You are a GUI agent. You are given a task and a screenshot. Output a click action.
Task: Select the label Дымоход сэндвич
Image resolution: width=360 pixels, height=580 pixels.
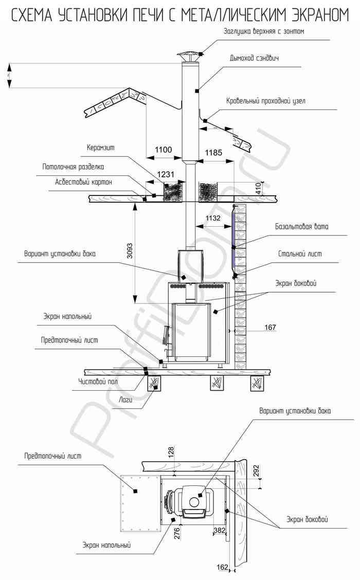pos(254,58)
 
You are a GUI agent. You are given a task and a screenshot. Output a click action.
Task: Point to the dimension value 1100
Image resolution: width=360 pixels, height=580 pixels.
pos(163,150)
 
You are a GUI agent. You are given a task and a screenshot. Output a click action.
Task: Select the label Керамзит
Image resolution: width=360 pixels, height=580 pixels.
pos(100,148)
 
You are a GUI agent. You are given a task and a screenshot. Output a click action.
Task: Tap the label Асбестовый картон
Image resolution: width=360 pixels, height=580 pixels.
pos(83,182)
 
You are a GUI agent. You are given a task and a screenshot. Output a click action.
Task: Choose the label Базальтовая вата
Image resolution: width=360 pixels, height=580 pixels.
pos(301,226)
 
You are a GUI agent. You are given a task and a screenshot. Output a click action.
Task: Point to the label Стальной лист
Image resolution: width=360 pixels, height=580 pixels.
pos(300,254)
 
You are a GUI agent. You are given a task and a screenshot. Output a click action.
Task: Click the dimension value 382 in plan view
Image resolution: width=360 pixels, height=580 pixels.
pos(220,530)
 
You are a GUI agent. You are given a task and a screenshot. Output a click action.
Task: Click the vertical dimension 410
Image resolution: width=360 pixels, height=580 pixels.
pos(258,189)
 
